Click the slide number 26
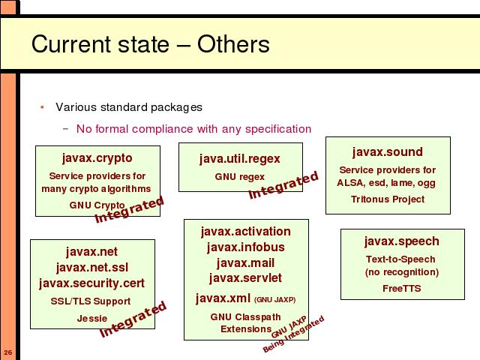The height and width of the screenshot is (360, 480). coord(8,352)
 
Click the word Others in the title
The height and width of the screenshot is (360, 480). coord(233,44)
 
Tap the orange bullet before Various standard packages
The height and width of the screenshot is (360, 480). coord(42,107)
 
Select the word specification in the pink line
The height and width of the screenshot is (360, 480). coord(278,129)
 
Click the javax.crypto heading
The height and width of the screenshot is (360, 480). coord(97,158)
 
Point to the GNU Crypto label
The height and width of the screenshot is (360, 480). coord(97,205)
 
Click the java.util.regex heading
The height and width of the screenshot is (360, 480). coord(240,159)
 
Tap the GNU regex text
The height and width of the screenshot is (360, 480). coord(240,177)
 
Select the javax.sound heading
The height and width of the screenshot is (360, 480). coord(388,151)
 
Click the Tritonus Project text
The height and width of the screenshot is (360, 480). coord(388,199)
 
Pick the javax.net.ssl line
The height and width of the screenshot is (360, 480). coord(92,268)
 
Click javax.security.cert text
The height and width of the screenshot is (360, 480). coord(91,283)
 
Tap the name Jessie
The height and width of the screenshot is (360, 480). coord(92,318)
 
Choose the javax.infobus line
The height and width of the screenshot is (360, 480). coord(246,247)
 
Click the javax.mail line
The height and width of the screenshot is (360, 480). coord(245,263)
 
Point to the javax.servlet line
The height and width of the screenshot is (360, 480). coord(245,278)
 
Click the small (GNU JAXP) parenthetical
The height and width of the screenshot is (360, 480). coord(275,300)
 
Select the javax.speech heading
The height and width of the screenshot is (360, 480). coord(402,241)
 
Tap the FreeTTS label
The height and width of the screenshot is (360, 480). coord(402,288)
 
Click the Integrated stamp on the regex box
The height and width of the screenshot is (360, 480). coord(283,185)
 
